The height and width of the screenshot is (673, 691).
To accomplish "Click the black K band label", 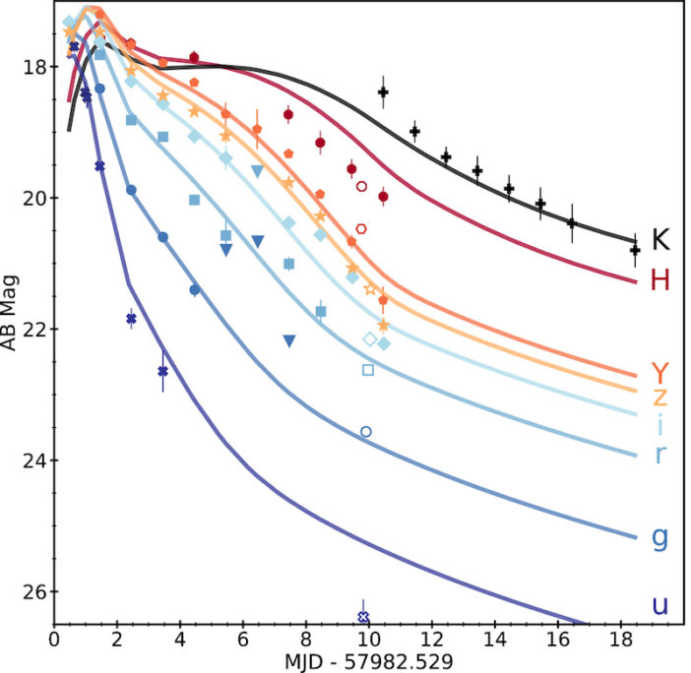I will pos(661,239).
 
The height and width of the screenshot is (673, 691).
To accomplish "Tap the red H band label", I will pos(660,280).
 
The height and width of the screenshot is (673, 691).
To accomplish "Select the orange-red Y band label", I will pos(660,372).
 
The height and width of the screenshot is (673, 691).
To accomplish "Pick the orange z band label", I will pos(660,397).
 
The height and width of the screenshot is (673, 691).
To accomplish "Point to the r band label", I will pos(660,454).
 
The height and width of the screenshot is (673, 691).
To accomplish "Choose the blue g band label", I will pos(660,536).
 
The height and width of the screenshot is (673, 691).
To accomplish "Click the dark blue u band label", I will pos(660,603).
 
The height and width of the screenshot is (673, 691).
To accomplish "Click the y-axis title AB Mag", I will pos(11,315).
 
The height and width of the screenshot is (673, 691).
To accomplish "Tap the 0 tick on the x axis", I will pos(54,638).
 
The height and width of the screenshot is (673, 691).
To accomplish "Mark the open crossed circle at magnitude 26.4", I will pos(363,617).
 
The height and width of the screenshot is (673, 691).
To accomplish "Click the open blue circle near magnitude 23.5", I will pos(366,431).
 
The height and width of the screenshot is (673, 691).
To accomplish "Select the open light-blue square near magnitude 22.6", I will pos(368,370).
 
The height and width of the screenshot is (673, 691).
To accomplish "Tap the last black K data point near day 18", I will pos(635,250).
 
